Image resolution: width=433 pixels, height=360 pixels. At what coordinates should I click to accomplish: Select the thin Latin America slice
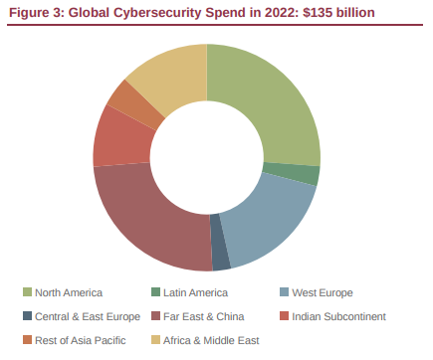coord(313,175)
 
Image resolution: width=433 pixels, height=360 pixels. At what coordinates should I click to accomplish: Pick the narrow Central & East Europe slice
coord(220,256)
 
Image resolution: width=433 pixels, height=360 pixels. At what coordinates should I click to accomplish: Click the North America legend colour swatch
coord(28,292)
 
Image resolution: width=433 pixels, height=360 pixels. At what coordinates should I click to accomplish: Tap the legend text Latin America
coord(196,292)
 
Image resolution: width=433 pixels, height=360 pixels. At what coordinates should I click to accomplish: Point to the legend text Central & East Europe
coord(88,317)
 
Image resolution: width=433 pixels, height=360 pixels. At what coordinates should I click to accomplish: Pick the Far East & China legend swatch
coord(156,317)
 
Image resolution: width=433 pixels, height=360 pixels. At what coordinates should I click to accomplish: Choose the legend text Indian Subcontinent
coord(338,317)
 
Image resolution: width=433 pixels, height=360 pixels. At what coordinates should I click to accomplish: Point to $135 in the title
coord(303,12)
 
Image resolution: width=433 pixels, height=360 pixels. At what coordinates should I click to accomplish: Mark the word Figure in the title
coord(30,12)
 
